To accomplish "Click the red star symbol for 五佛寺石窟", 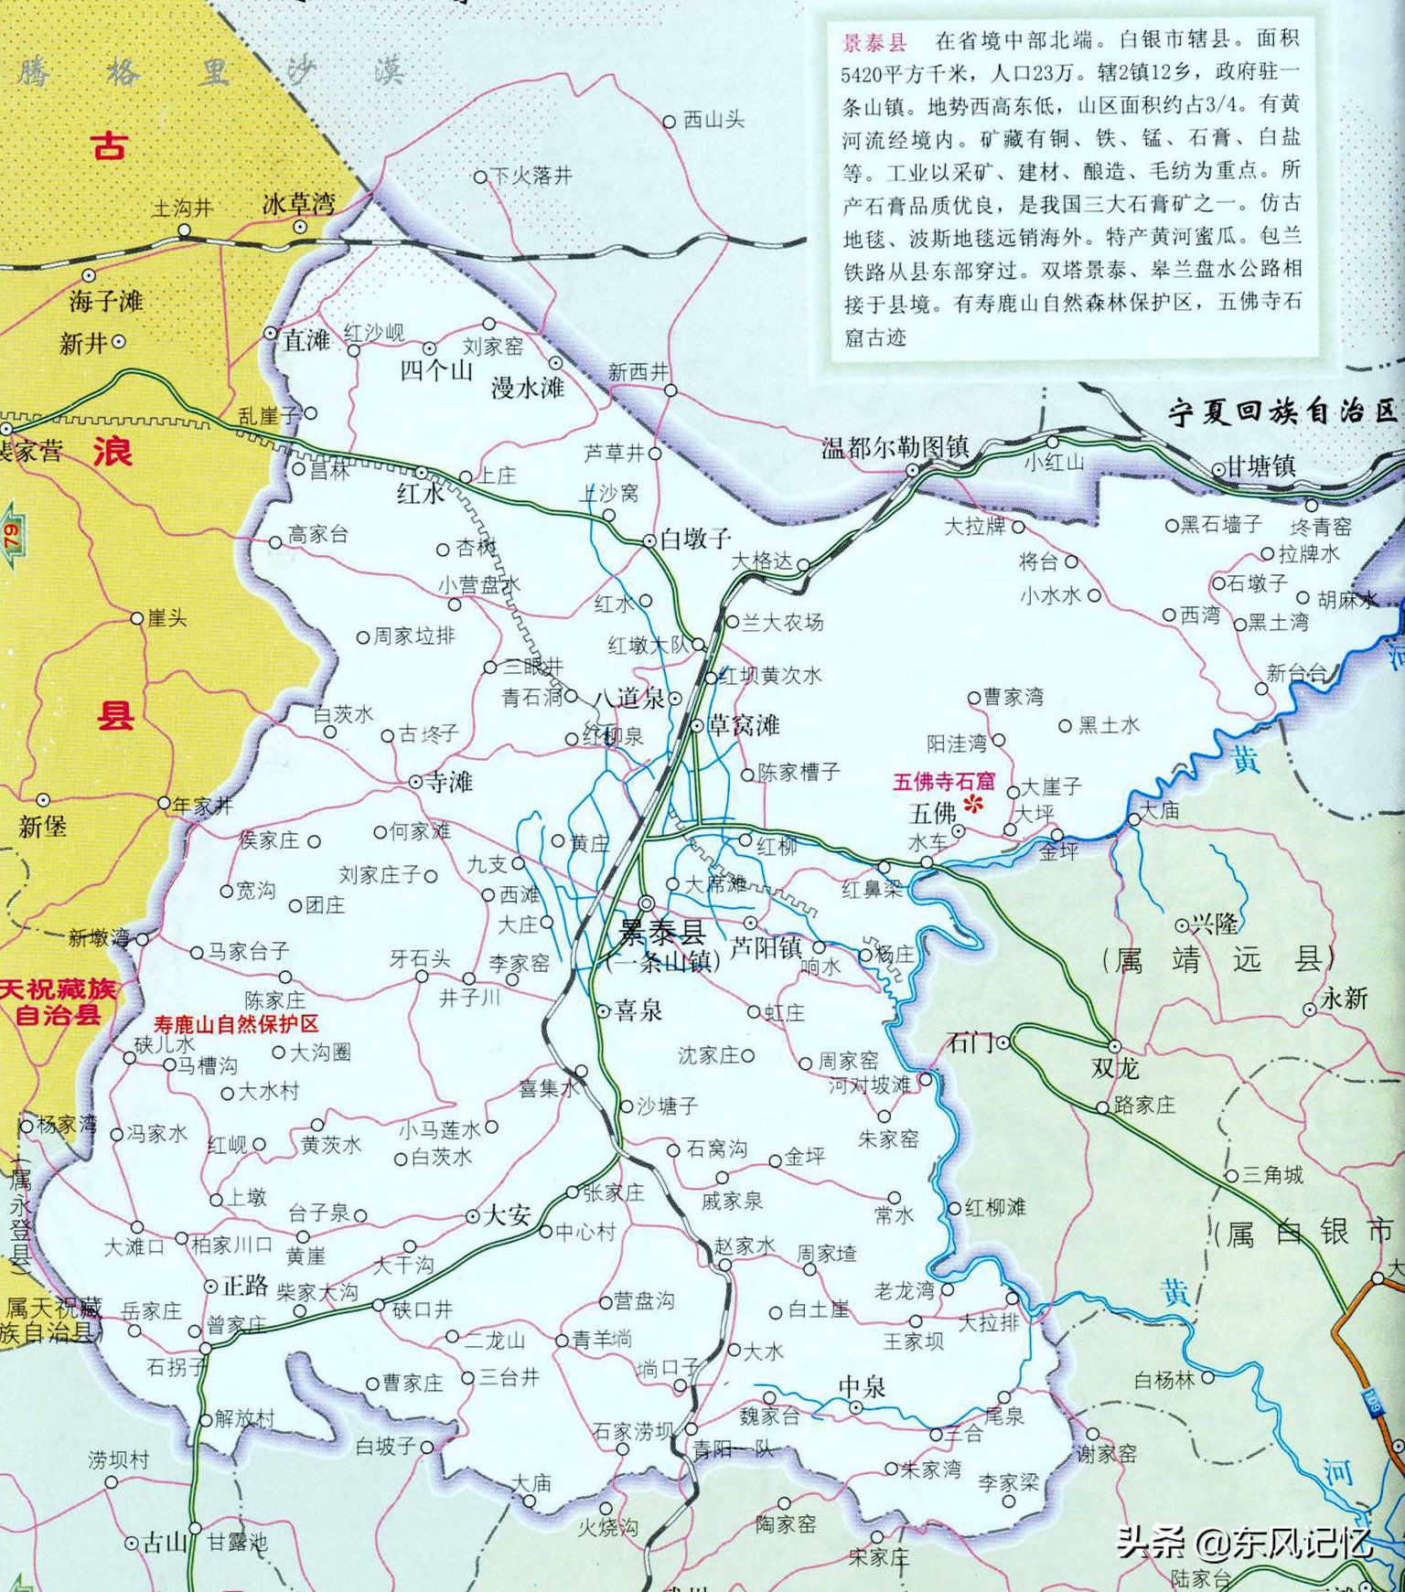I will click(x=974, y=804).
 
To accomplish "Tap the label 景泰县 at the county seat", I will click(x=662, y=933).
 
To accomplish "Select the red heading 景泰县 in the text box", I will click(x=874, y=42).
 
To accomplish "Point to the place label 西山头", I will click(x=713, y=120).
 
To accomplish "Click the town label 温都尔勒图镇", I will click(x=895, y=447).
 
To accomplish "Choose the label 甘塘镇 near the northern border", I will click(x=1260, y=466).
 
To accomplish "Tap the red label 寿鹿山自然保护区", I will click(x=236, y=1024).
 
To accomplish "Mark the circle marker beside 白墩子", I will click(x=649, y=540).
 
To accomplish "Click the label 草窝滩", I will click(x=743, y=725).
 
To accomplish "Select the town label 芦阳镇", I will click(x=766, y=947).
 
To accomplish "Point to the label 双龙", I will click(x=1114, y=1068).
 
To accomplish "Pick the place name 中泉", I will click(x=862, y=1387).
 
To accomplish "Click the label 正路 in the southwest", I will click(x=245, y=1286).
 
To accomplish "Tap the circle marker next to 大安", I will click(x=473, y=1216).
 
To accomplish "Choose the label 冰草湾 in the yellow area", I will click(x=298, y=204).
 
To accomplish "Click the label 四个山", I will click(x=436, y=370).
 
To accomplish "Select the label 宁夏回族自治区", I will click(x=1283, y=411).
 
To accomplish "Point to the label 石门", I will click(x=970, y=1042).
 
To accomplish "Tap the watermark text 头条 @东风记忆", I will click(x=1244, y=1543).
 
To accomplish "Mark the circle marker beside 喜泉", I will click(x=603, y=1010).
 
